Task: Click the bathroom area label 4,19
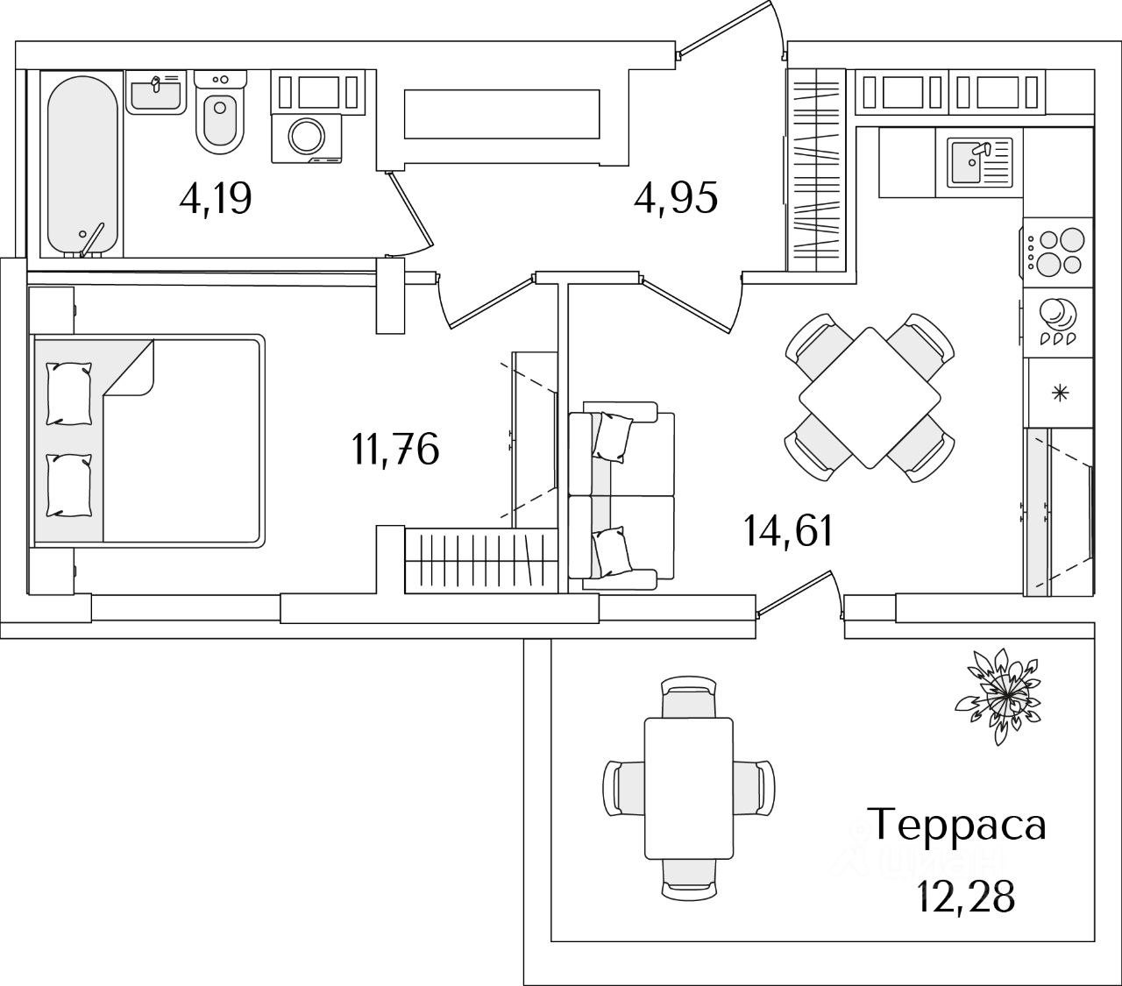click(216, 199)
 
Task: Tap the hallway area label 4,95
click(676, 197)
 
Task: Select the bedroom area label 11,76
click(395, 450)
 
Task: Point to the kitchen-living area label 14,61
click(788, 530)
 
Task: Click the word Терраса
click(957, 825)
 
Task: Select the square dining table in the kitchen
click(870, 397)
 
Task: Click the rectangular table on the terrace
click(688, 787)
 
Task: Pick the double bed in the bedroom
click(147, 441)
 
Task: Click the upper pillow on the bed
click(68, 394)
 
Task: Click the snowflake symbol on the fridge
click(1060, 393)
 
